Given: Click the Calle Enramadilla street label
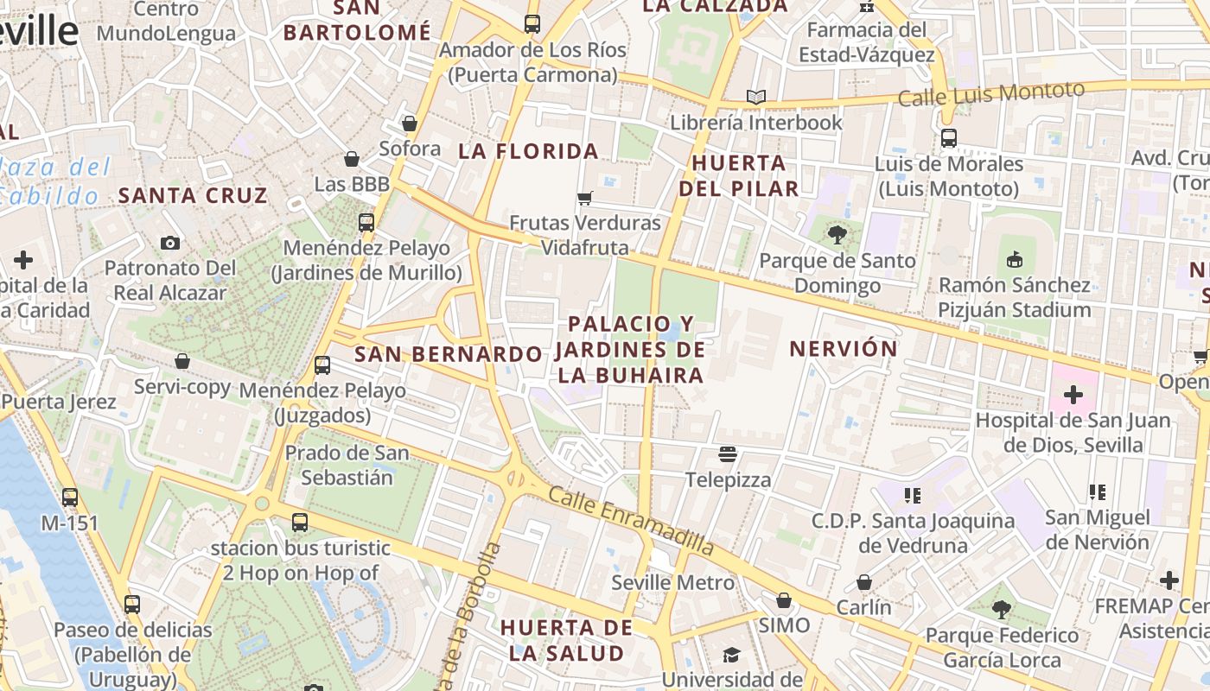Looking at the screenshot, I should point(631,520).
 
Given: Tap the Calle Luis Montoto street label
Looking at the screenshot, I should point(990,93).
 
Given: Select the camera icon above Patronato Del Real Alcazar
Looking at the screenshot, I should point(170,244).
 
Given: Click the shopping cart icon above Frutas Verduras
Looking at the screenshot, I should point(585,198).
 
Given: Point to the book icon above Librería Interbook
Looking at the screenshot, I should point(756,97).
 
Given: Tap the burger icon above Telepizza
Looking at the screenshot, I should point(728,454).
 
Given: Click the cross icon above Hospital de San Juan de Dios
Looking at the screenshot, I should point(1073,396).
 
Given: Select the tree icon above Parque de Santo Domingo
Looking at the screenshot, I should point(837,234).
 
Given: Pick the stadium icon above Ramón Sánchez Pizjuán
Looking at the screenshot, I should point(1015,259).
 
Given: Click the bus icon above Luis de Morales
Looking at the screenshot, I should point(948,138).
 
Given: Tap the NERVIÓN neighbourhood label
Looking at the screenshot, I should point(844,349).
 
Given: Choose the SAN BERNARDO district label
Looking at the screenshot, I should point(449,354).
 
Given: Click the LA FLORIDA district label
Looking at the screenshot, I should point(528,151).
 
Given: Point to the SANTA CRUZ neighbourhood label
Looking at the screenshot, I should point(193,195).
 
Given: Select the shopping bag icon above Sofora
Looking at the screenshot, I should point(410,124).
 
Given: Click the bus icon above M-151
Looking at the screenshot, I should point(70,498).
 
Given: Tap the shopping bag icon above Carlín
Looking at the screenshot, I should point(863,582).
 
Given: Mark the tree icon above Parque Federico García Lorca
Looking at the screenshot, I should point(1001,610).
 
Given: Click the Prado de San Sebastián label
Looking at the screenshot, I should point(347,465).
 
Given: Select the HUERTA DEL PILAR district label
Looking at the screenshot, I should point(738,175).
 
